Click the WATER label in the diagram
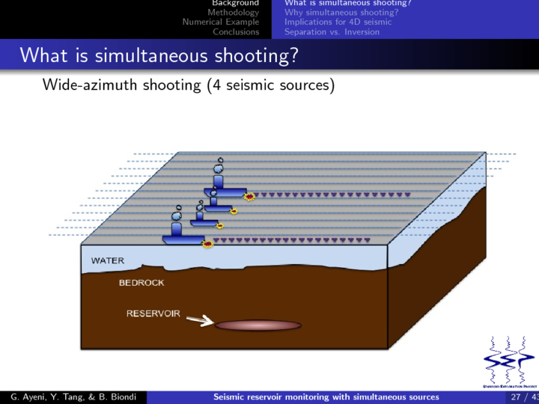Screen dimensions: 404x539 click(x=108, y=261)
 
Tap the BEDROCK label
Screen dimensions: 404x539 click(x=141, y=284)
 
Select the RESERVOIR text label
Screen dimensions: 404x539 click(x=153, y=313)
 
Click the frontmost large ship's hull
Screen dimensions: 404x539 click(x=183, y=240)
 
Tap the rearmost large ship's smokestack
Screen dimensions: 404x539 click(x=219, y=180)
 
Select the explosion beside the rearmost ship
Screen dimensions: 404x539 click(x=250, y=196)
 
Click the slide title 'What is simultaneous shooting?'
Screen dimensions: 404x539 click(x=159, y=55)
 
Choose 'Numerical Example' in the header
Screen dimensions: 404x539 click(x=221, y=22)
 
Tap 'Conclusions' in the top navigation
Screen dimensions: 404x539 click(x=236, y=32)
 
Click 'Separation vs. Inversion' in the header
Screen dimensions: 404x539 click(x=332, y=32)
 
